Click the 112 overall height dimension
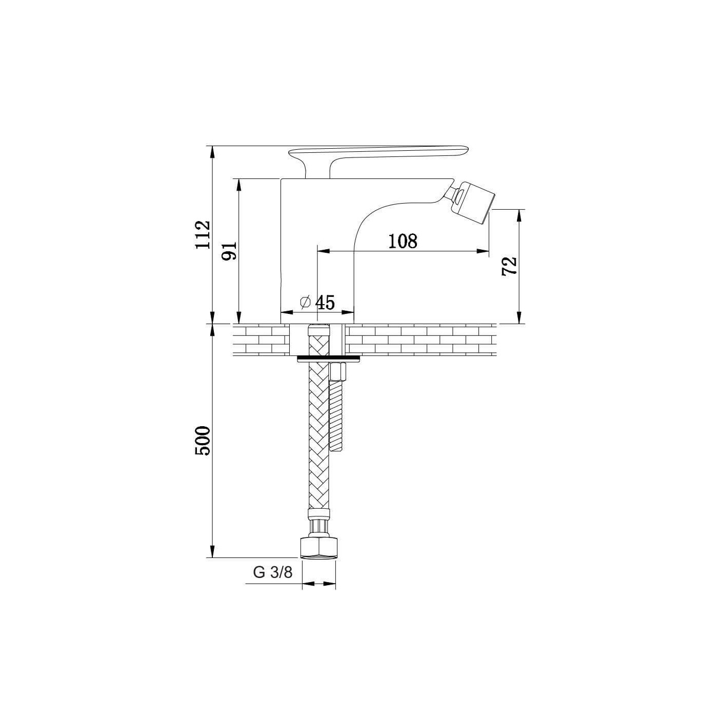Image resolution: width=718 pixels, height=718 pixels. point(204,235)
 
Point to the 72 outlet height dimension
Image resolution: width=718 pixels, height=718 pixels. point(509,266)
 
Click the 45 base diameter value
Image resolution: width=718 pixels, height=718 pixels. point(325,303)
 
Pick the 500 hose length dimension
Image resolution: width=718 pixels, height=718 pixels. point(204,441)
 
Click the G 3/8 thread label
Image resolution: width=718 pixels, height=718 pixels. point(273,583)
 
